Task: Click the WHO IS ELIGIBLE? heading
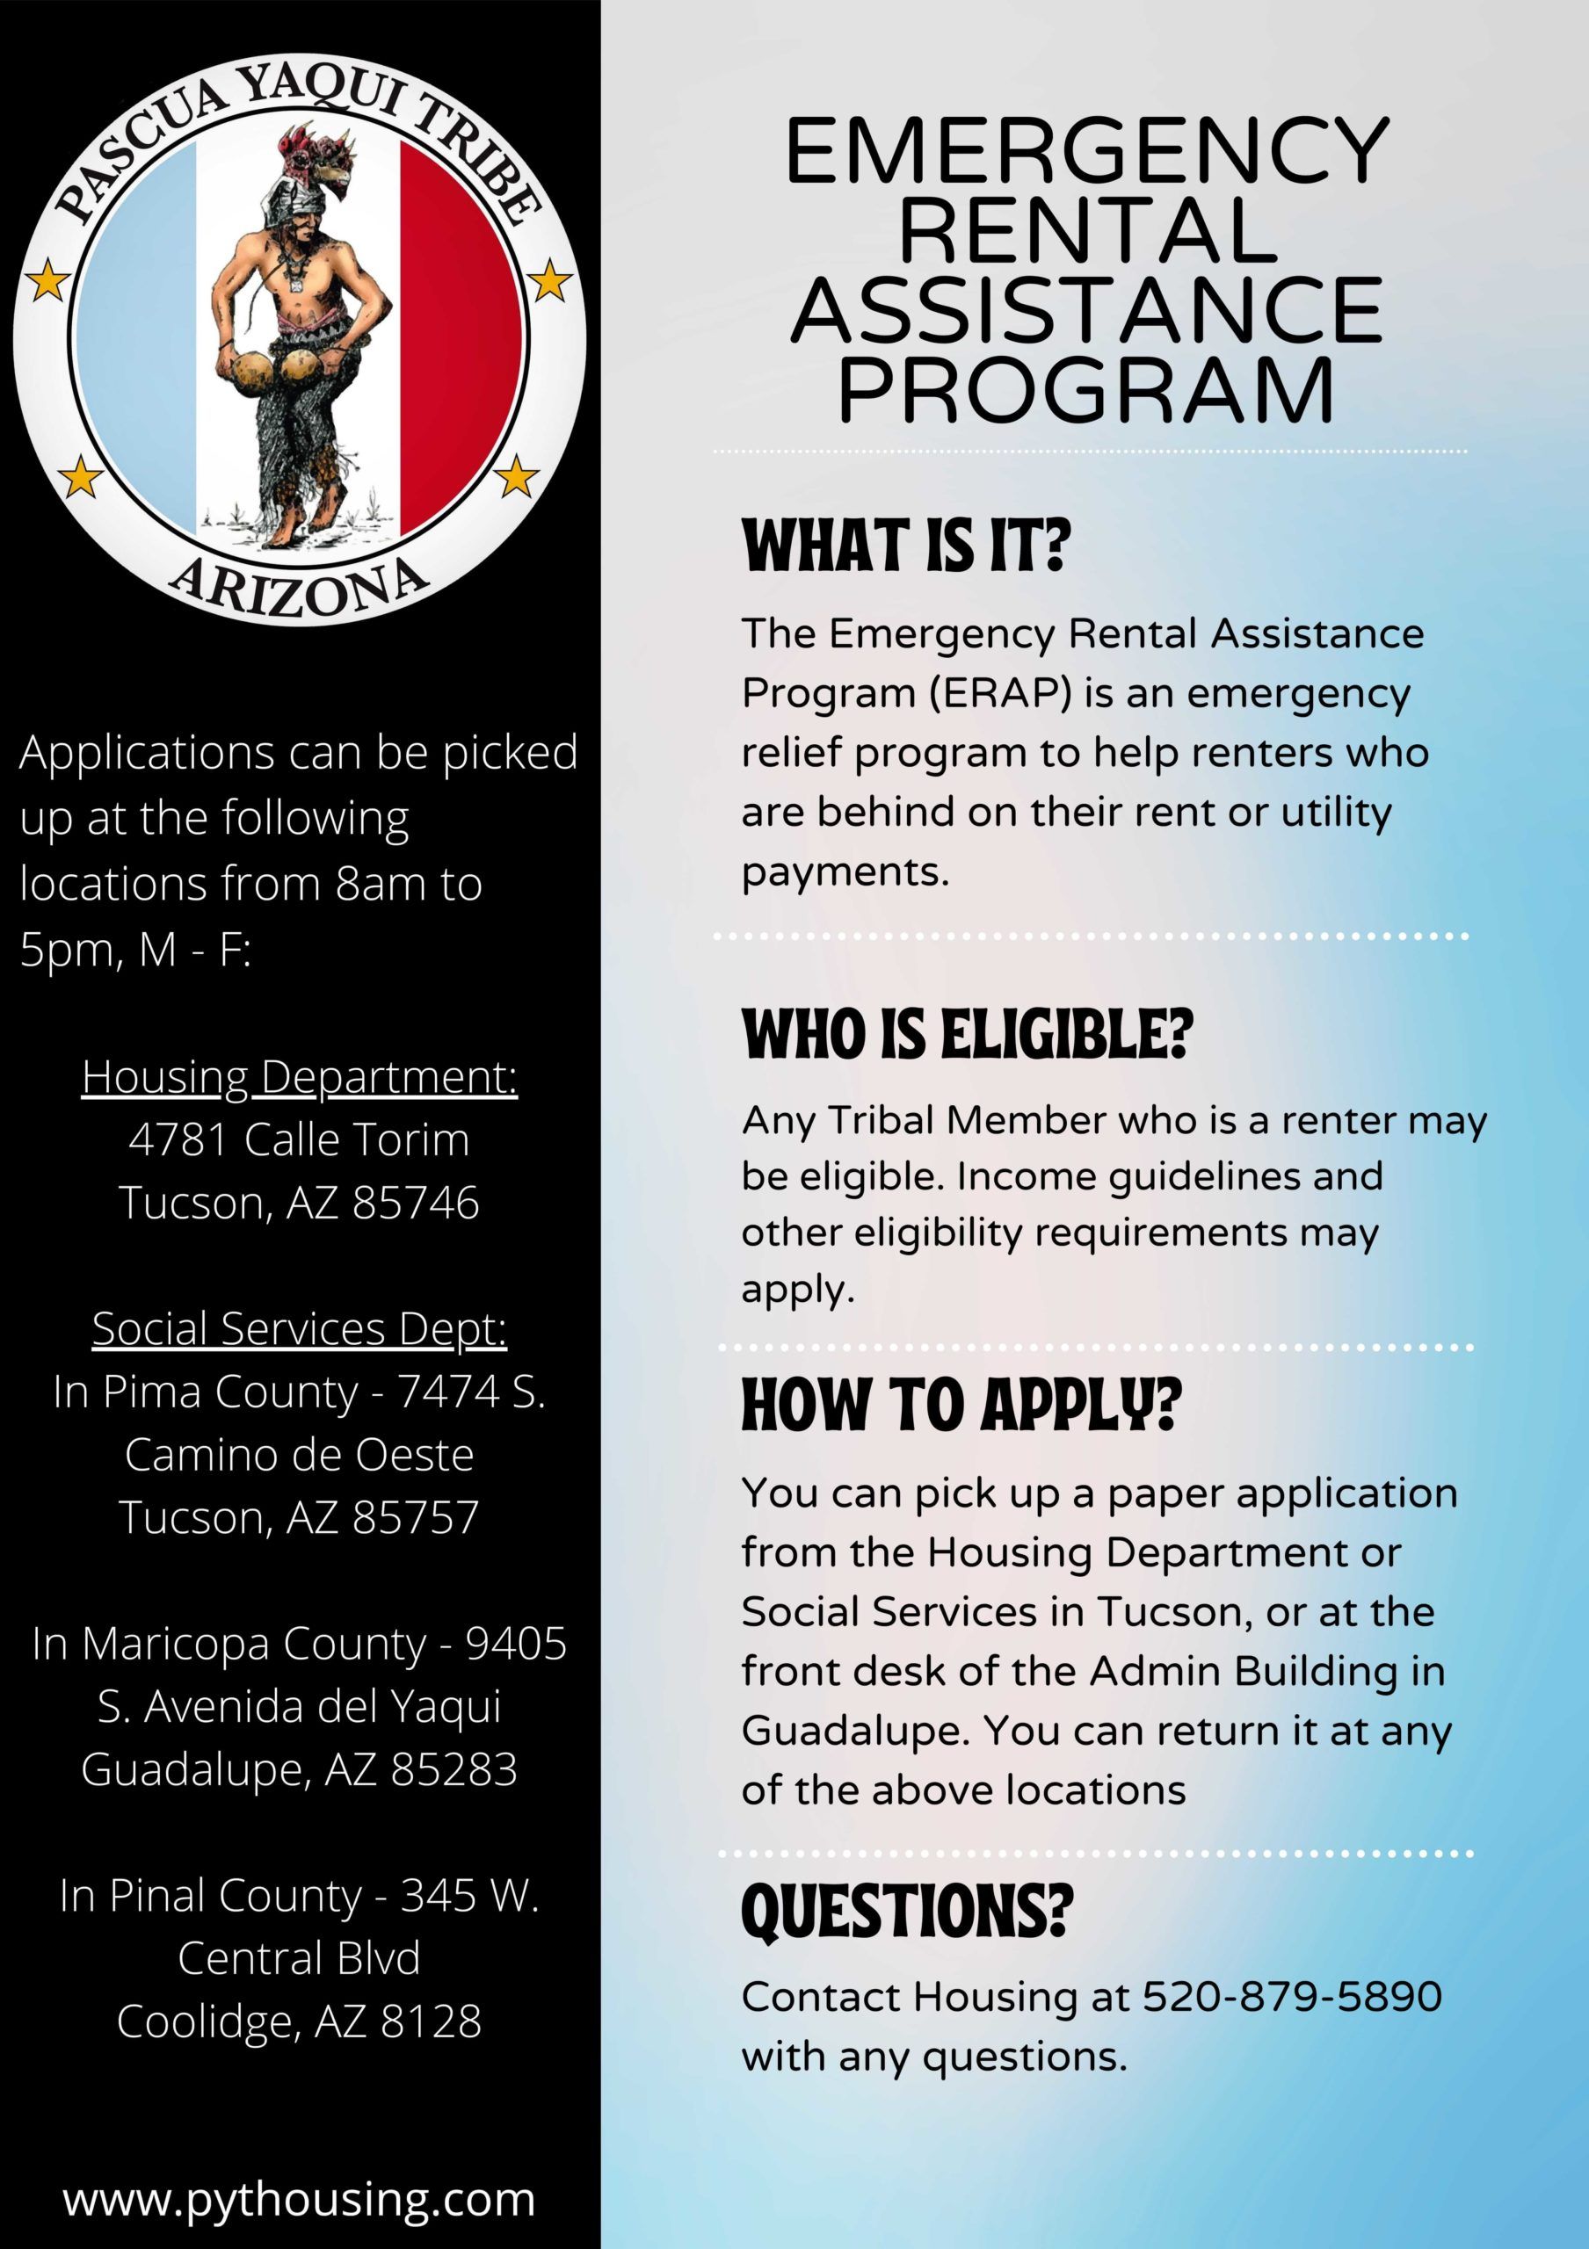968,1036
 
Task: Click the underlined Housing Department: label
300,1076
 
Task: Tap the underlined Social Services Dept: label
300,1328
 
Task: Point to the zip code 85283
454,1769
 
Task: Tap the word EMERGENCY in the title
1087,152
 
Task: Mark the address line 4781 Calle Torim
300,1140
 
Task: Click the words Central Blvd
300,1958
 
